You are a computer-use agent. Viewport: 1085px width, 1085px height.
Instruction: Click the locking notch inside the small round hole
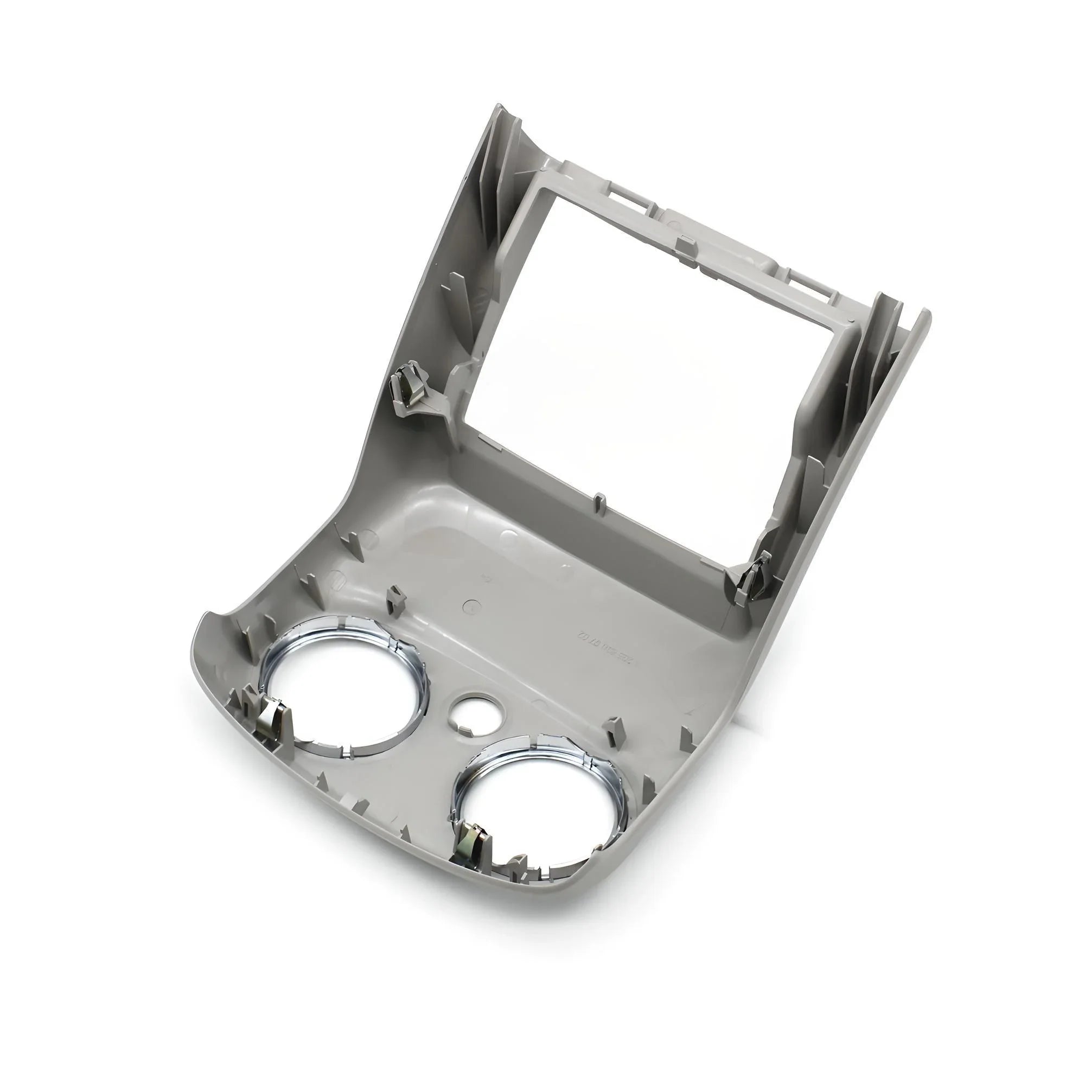click(465, 729)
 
